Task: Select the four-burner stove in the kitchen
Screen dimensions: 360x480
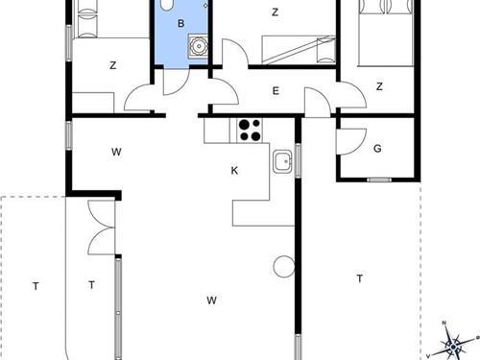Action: pos(250,129)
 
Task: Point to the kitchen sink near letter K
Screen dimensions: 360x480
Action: pos(282,161)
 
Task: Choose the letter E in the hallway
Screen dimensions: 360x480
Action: pos(276,91)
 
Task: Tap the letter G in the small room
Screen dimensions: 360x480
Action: pos(378,149)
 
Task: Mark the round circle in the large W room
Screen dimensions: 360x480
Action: pos(282,267)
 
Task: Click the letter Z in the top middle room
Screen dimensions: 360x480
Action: pos(276,12)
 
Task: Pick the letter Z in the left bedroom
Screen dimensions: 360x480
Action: pos(112,65)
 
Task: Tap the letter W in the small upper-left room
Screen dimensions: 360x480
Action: pos(115,152)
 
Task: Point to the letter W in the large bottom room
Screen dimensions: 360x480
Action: pos(211,300)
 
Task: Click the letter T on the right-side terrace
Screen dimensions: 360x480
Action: pos(359,279)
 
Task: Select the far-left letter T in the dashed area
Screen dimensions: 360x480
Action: pos(36,285)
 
